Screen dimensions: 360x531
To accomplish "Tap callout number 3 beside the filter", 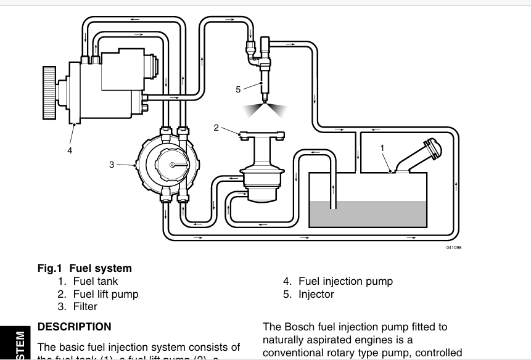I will [112, 164].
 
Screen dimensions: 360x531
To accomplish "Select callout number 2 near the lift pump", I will [216, 128].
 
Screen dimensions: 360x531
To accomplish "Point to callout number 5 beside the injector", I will [238, 89].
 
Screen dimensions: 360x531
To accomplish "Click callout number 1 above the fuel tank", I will [382, 148].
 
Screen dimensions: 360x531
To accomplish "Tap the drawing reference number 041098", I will [453, 248].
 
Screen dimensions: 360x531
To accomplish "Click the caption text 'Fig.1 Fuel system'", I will [85, 268].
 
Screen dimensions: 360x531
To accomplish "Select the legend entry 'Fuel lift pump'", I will [105, 294].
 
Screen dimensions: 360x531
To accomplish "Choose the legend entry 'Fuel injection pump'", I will [345, 281].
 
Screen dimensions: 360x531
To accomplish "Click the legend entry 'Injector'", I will [316, 294].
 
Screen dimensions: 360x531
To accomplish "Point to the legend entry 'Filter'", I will [85, 306].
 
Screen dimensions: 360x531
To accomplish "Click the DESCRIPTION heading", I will [75, 327].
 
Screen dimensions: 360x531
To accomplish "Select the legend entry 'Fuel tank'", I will [95, 281].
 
